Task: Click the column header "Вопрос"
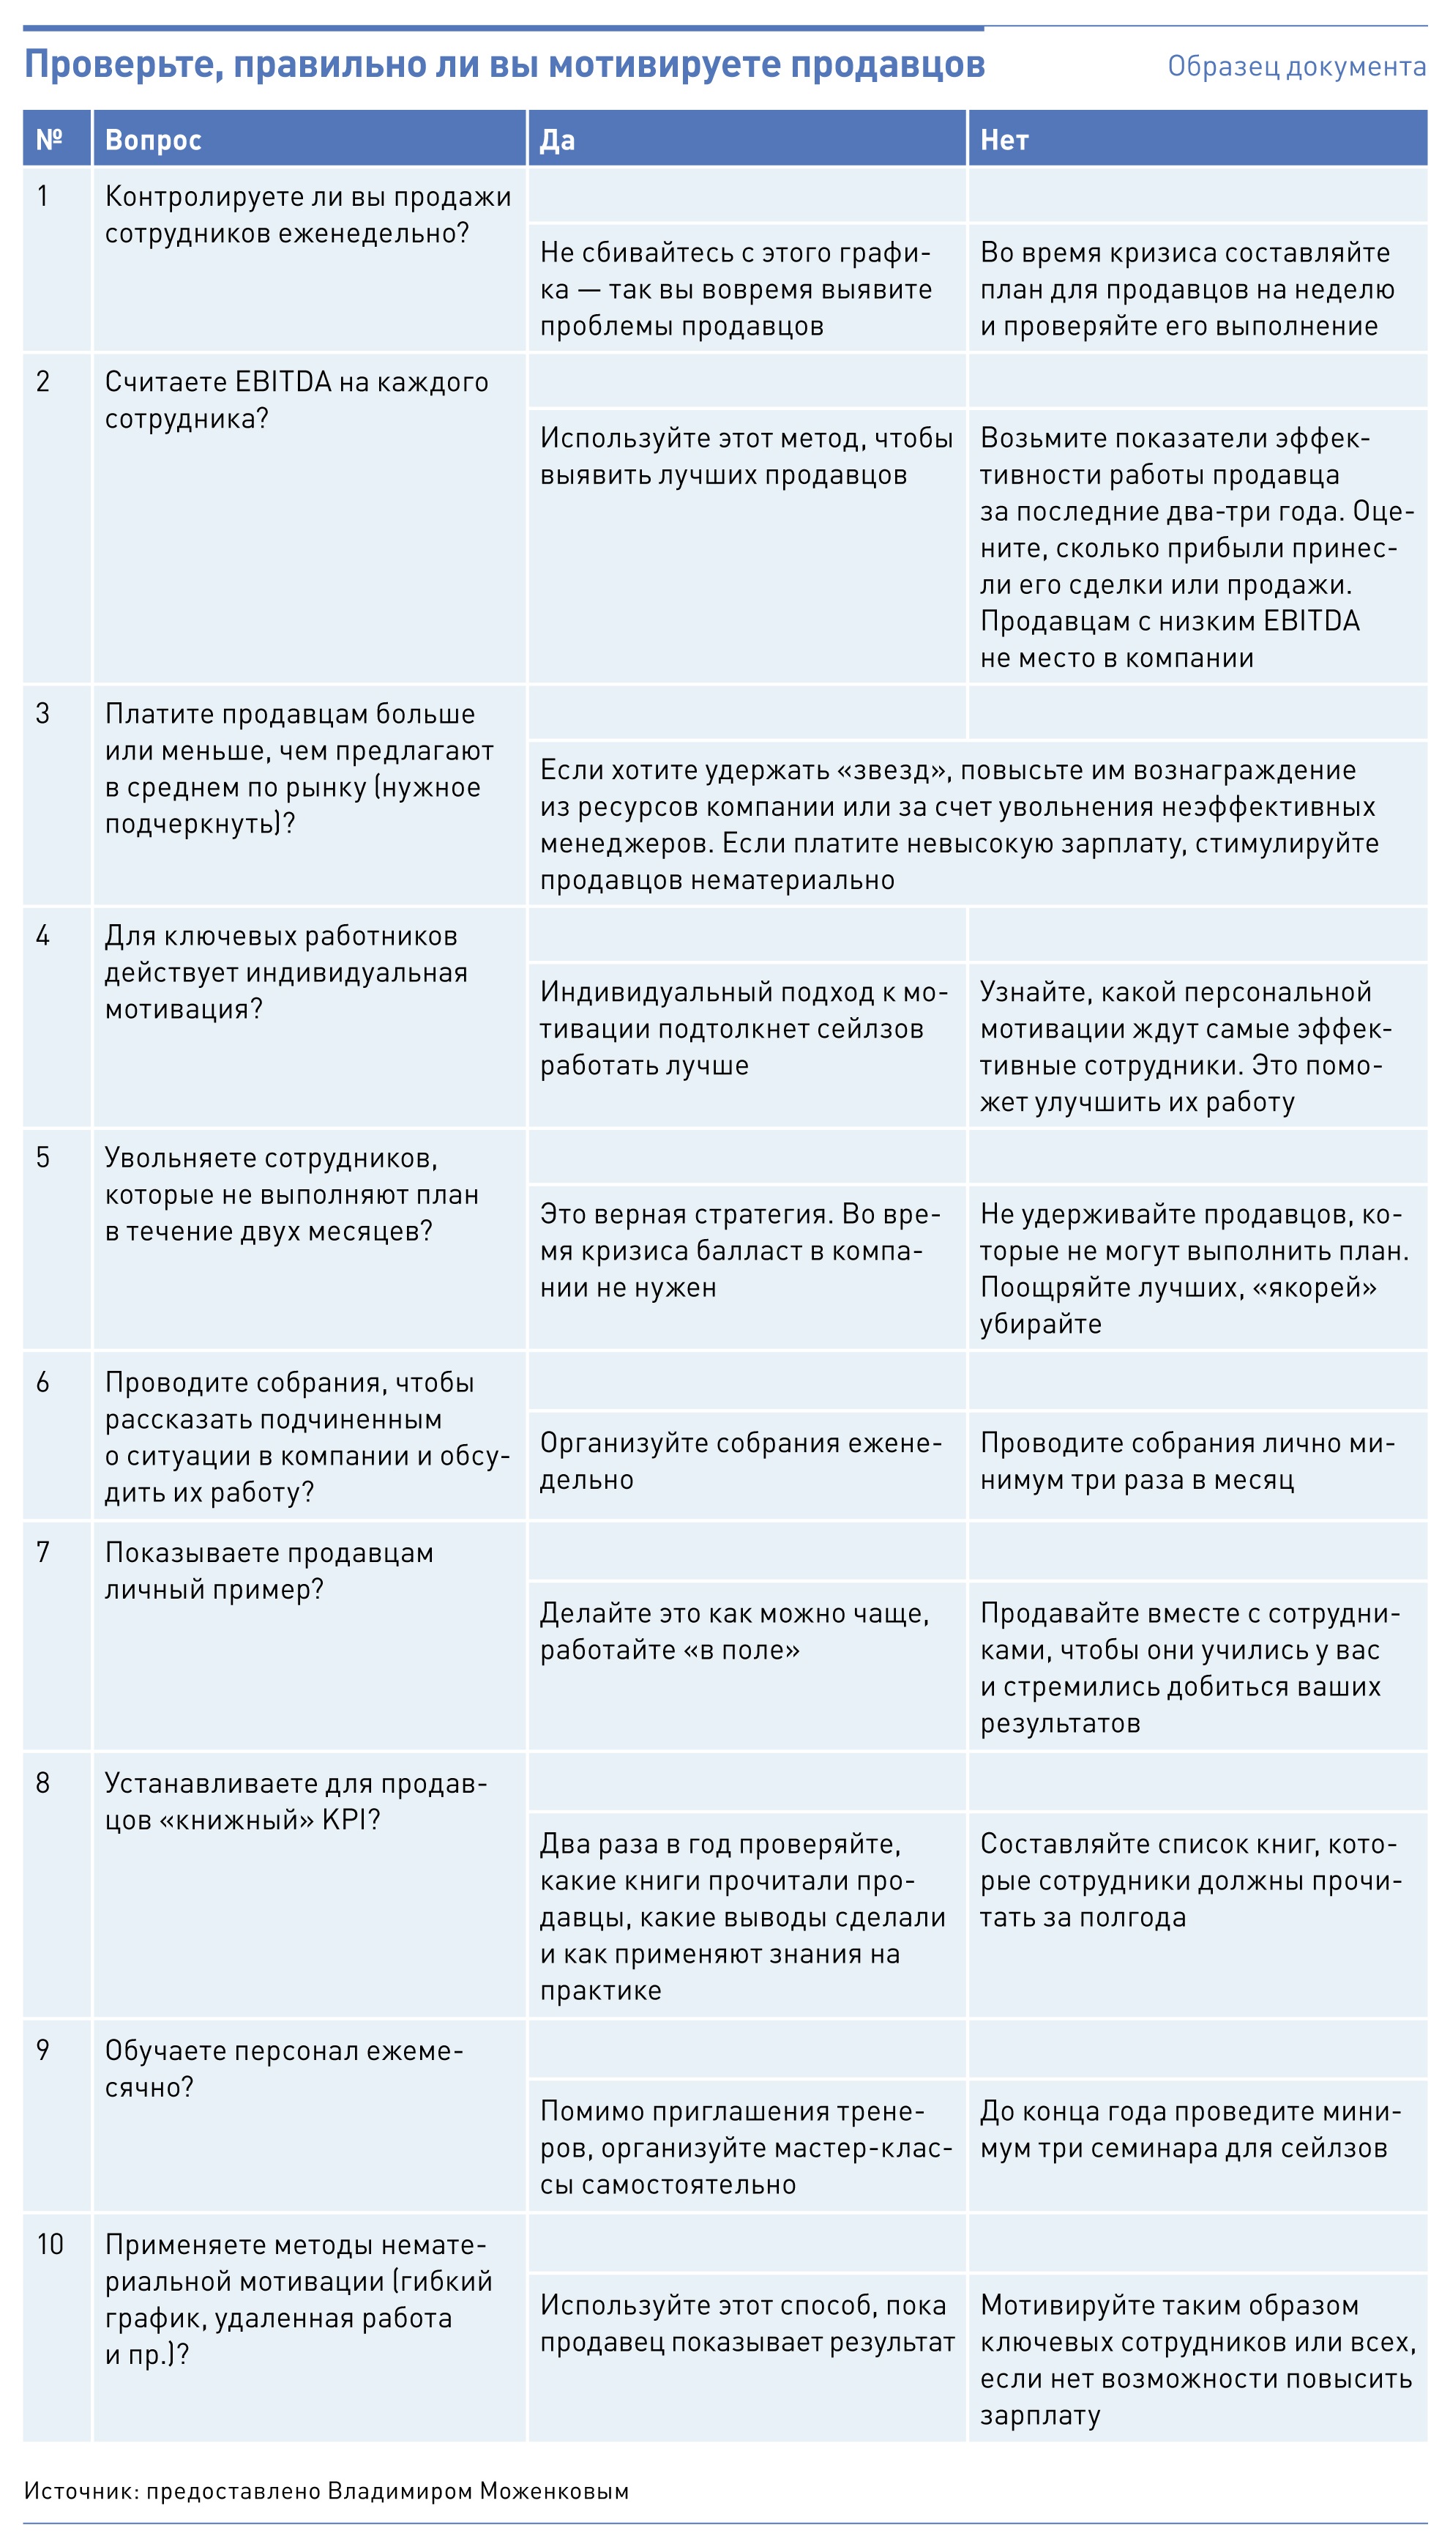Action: pyautogui.click(x=154, y=141)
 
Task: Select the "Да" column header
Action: pyautogui.click(x=558, y=141)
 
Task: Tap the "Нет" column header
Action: pyautogui.click(x=1004, y=141)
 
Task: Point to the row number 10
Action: pyautogui.click(x=50, y=2245)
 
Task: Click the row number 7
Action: pyautogui.click(x=43, y=1552)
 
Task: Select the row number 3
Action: pyautogui.click(x=43, y=713)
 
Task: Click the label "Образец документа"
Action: pyautogui.click(x=1296, y=67)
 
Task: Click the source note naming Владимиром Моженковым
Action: pyautogui.click(x=326, y=2490)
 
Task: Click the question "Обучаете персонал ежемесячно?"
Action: pyautogui.click(x=284, y=2068)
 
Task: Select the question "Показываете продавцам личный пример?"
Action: pyautogui.click(x=269, y=1571)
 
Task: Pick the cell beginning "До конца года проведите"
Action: pyautogui.click(x=1190, y=2129)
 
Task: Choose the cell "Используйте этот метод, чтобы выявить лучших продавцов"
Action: pyautogui.click(x=746, y=456)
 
